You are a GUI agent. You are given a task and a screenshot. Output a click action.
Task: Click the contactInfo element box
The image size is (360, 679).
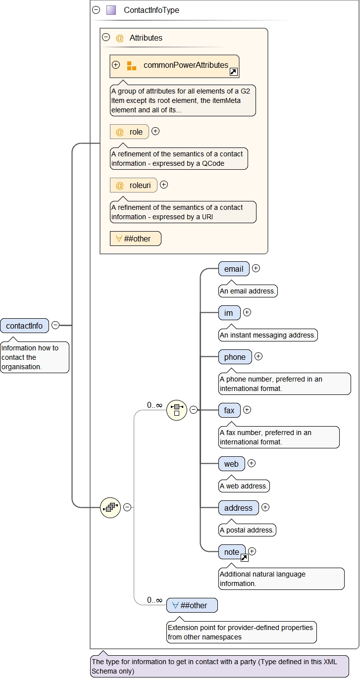25,326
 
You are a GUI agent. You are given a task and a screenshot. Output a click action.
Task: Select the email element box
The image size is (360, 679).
234,269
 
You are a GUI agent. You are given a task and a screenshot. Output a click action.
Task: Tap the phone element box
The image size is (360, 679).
235,357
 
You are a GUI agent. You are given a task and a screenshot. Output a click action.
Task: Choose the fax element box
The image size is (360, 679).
229,410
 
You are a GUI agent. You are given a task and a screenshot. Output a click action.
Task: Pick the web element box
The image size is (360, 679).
231,464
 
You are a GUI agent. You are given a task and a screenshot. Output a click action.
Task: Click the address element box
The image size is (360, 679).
238,508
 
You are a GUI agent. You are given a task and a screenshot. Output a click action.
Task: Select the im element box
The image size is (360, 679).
229,313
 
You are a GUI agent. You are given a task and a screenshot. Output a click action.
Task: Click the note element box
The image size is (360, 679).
232,552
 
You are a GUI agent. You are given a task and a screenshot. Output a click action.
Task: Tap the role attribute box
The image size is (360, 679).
129,132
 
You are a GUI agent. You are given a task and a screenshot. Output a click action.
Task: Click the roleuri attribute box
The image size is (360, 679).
133,185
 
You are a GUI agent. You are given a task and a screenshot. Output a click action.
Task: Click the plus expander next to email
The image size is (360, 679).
256,268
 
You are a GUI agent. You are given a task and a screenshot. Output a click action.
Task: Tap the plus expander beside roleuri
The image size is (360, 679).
164,185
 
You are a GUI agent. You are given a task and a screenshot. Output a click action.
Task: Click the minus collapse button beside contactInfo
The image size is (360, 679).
55,325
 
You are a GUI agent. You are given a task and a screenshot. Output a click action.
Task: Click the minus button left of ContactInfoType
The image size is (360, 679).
96,10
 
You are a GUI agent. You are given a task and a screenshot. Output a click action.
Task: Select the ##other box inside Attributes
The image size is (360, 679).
135,239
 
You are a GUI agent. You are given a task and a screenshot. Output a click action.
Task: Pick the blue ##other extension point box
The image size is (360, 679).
192,605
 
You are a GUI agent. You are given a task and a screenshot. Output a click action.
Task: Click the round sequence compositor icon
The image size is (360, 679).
110,507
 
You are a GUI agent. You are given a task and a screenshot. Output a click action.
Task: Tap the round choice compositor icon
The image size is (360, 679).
177,410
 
